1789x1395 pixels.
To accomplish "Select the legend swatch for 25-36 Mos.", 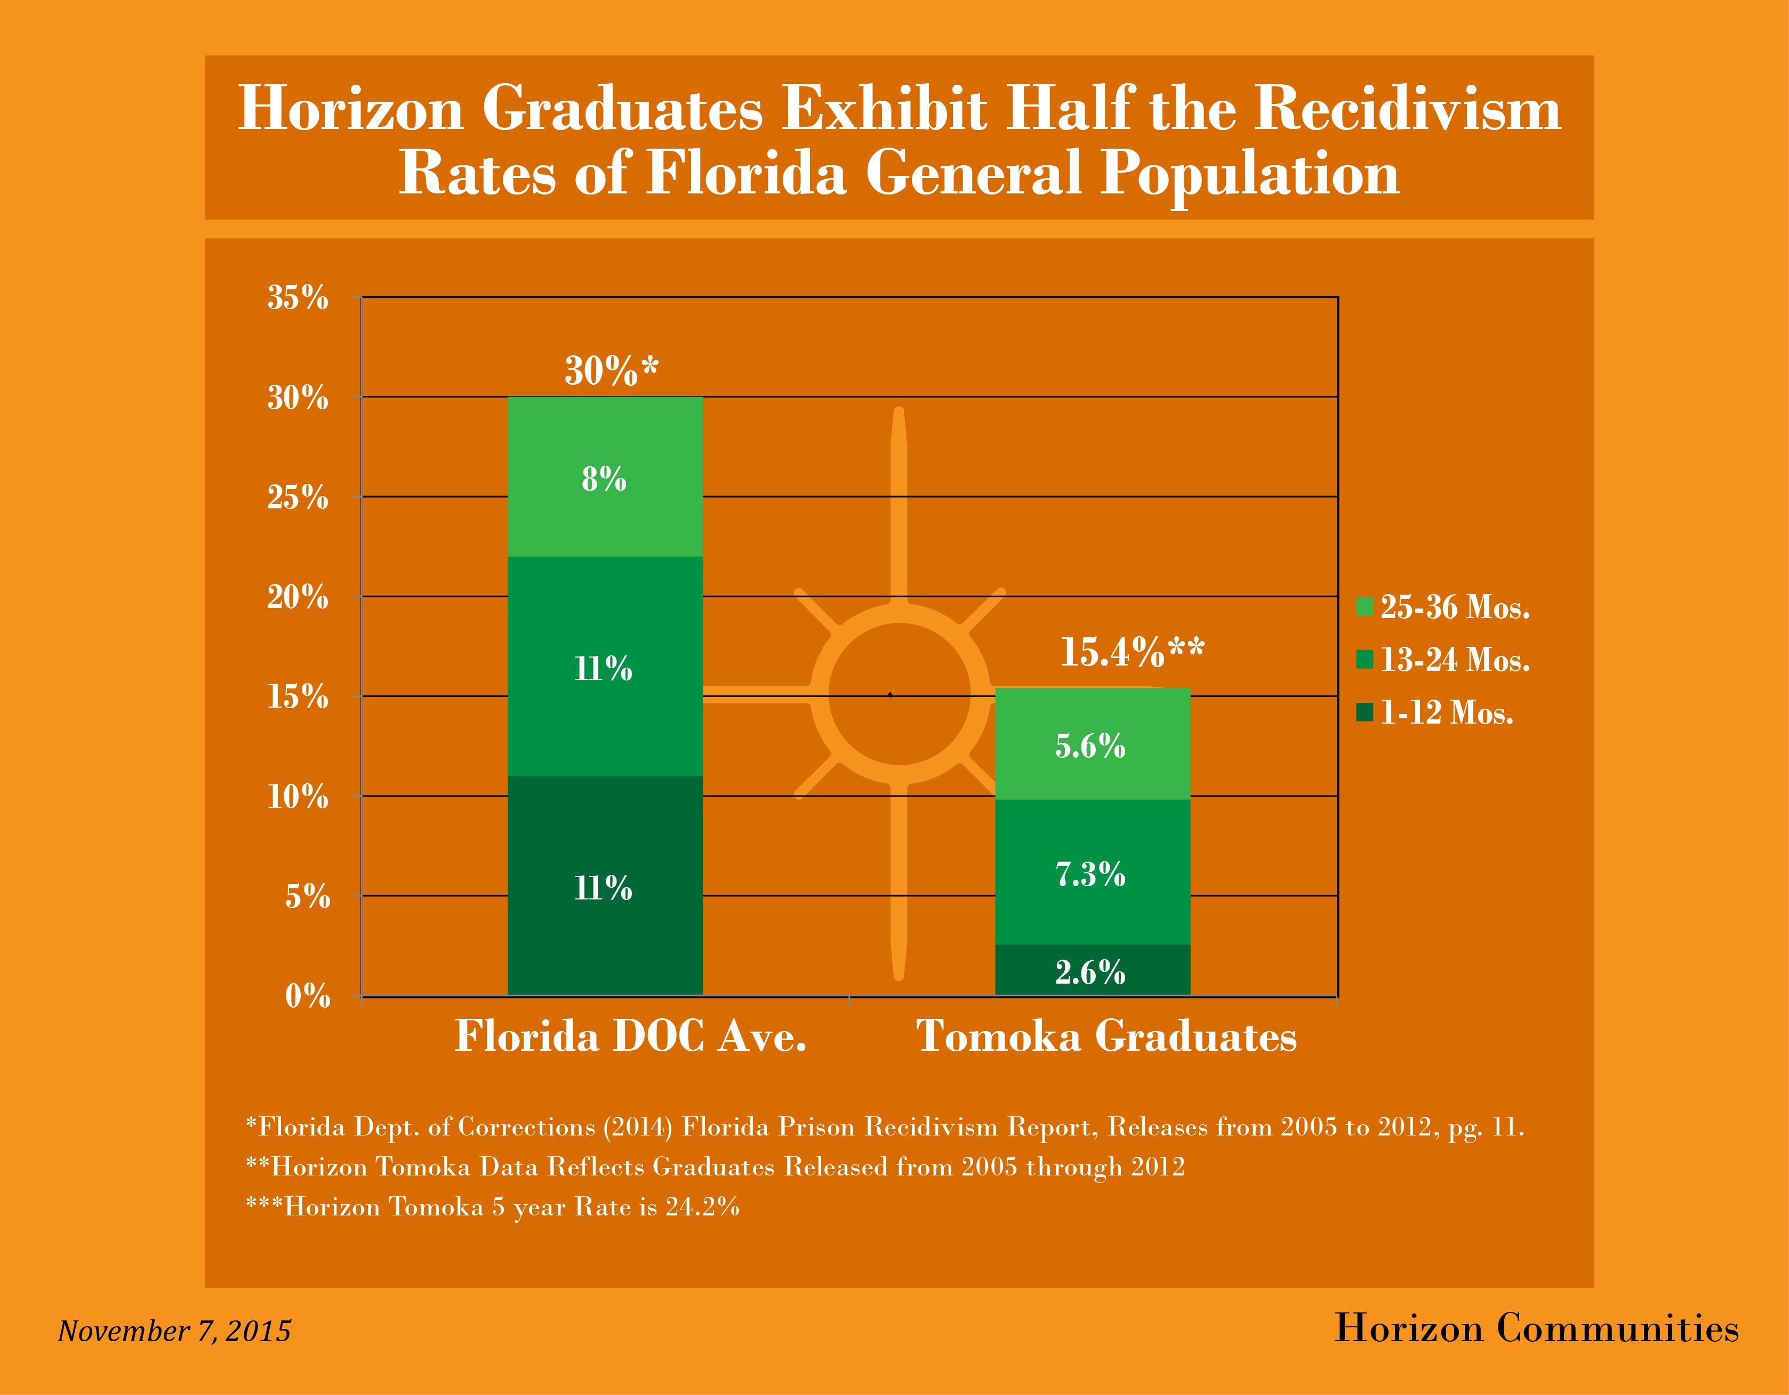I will [x=1364, y=606].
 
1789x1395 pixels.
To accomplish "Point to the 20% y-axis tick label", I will [x=298, y=598].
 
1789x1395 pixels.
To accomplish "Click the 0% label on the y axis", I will [x=307, y=996].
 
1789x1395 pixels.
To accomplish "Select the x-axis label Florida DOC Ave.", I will [x=631, y=1036].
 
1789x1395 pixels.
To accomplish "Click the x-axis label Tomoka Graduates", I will [x=1106, y=1036].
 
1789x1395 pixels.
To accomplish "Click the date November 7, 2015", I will [x=174, y=1331].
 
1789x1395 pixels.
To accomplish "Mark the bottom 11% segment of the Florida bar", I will [x=605, y=888].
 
